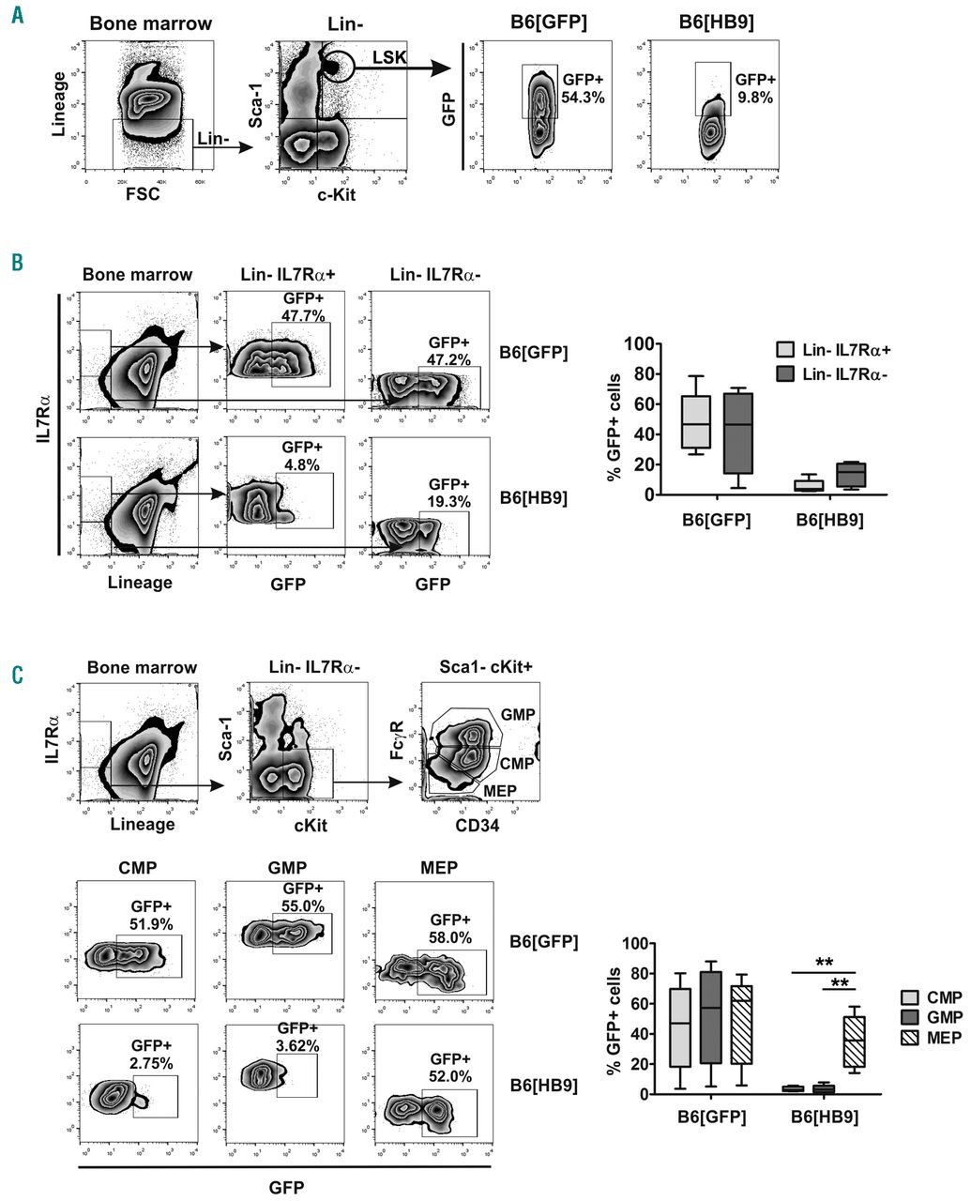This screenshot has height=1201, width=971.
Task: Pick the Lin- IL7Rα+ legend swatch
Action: pos(786,349)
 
